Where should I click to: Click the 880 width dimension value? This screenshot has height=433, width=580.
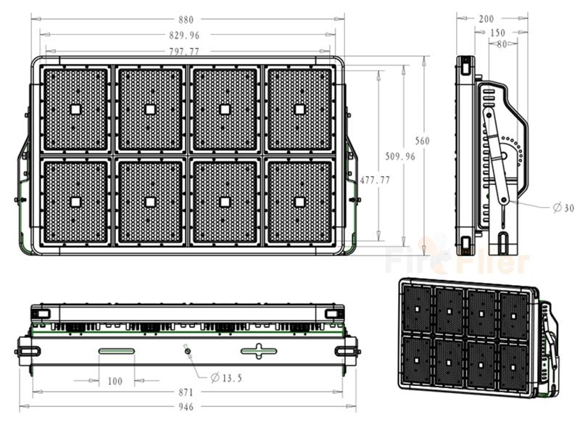coord(186,20)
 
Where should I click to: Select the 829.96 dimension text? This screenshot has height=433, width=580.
coord(184,35)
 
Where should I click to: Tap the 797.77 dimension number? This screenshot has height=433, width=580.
coord(184,51)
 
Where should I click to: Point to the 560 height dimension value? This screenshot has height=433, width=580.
coord(422,141)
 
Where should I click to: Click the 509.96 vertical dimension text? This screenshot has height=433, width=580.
coord(400,156)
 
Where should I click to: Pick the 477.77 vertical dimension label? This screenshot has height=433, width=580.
coord(375,180)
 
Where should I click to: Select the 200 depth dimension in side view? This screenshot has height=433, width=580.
coord(486,19)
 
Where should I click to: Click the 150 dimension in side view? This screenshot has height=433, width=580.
coord(497,33)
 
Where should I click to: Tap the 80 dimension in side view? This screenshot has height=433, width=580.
coord(502,44)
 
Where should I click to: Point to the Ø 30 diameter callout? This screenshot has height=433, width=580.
coord(563,207)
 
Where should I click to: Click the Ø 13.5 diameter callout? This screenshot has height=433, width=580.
coord(226,378)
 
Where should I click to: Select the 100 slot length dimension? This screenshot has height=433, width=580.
coord(115,382)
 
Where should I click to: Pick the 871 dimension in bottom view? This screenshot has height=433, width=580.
coord(186,392)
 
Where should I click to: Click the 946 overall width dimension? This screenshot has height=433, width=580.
coord(186,407)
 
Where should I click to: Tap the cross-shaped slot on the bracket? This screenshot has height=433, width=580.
coord(259,351)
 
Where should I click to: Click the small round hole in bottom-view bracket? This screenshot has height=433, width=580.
coord(188,351)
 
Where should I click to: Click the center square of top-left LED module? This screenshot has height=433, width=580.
coord(75,110)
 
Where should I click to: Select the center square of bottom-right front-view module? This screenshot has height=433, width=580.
coord(299,202)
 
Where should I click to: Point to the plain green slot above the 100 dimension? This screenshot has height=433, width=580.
coord(117,351)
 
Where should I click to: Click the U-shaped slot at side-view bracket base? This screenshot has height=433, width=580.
coord(503,243)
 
